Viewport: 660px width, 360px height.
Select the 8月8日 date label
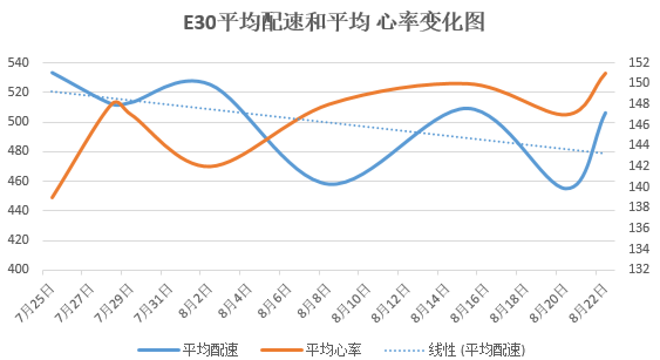tap(321, 300)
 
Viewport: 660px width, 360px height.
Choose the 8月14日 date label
tap(435, 300)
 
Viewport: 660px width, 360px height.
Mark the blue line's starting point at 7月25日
tap(52, 73)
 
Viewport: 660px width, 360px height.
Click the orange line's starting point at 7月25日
tap(52, 198)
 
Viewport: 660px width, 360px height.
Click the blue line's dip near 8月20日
tap(566, 188)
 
